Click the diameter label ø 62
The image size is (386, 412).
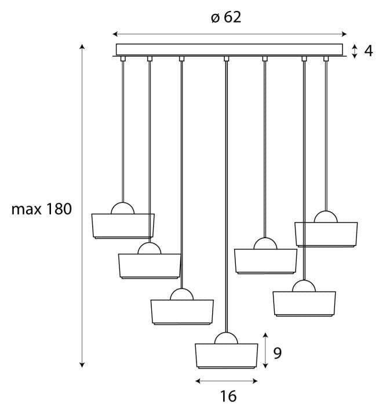225,17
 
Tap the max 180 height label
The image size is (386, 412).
41,209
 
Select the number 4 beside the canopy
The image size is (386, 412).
367,50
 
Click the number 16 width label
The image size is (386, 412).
228,396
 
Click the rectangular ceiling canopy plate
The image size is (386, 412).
230,49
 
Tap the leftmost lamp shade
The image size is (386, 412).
123,225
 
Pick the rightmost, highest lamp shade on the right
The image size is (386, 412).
326,234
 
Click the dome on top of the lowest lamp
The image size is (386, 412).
226,338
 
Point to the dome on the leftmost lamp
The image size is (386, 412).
123,209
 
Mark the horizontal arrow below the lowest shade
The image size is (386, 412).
226,381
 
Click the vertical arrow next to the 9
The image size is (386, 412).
265,350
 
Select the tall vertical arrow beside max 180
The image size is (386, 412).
82,205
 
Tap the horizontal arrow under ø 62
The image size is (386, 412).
230,34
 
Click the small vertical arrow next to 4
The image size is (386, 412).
354,50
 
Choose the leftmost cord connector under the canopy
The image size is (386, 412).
123,59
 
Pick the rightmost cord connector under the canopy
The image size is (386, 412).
326,59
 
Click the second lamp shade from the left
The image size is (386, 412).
150,265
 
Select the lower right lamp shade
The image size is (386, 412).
304,303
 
